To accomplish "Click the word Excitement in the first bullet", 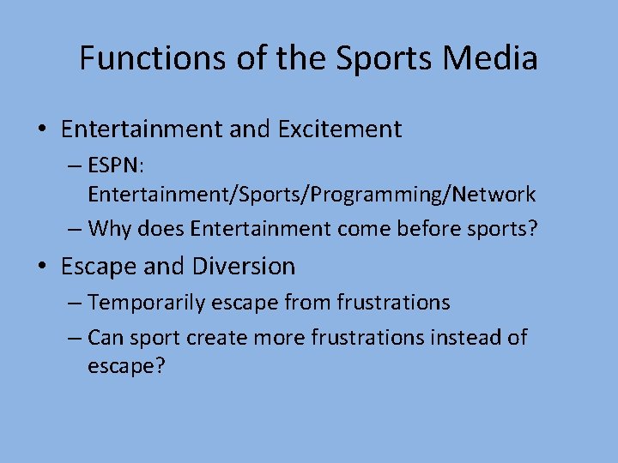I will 340,129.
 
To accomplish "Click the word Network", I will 494,195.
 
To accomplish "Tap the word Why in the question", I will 109,229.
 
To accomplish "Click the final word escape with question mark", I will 125,366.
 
